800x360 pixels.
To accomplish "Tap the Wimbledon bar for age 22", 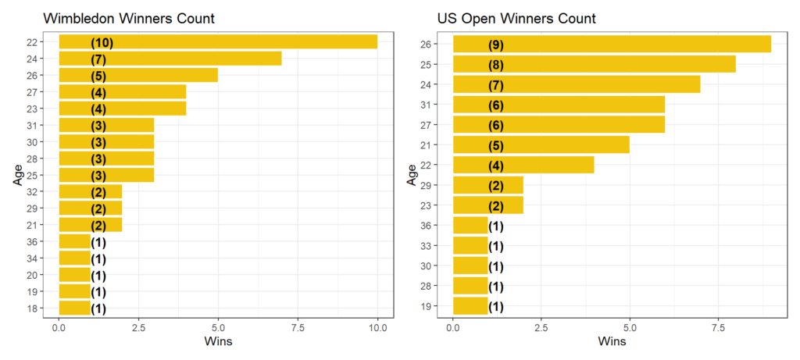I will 218,42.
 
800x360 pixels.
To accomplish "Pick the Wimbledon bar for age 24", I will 170,59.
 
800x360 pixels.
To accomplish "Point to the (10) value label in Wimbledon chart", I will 102,42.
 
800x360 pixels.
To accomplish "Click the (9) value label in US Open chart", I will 495,45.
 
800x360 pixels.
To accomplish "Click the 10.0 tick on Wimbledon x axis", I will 377,327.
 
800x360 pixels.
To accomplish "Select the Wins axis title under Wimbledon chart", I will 218,342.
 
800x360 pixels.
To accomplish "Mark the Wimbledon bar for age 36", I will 75,242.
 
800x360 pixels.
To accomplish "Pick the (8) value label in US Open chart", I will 495,64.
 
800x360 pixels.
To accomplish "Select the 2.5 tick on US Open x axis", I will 541,327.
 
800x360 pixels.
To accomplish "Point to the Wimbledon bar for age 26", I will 138,75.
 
